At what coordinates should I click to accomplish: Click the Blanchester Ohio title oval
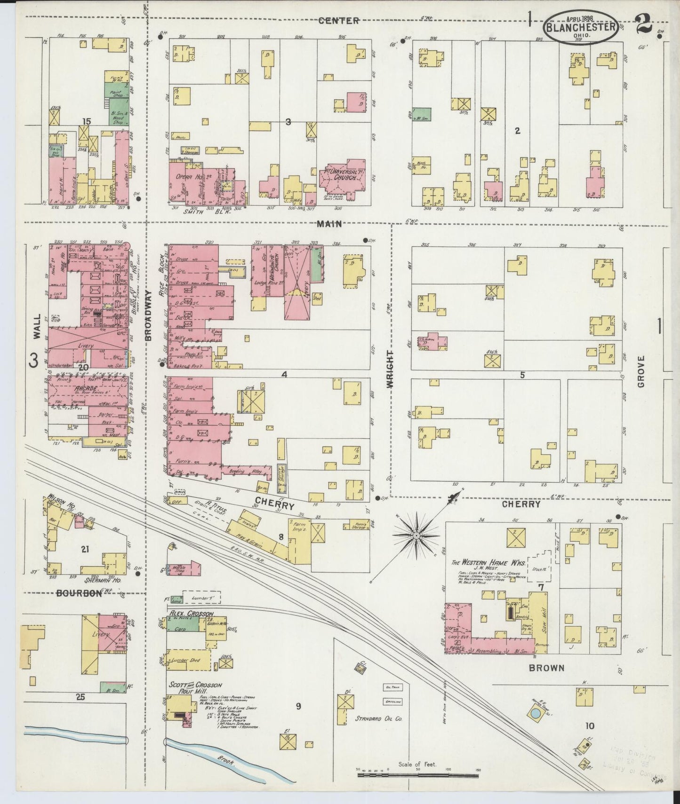coord(581,27)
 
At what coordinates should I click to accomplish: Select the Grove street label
coord(640,371)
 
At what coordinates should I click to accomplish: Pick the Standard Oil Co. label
coord(375,718)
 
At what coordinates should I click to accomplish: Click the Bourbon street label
coord(79,593)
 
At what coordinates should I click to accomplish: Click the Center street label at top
coord(338,21)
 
